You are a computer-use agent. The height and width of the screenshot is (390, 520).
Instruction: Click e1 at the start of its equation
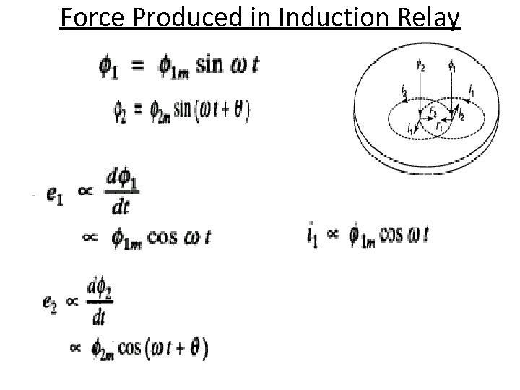coord(53,195)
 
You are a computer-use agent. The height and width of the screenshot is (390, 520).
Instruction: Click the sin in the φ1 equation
coord(193,64)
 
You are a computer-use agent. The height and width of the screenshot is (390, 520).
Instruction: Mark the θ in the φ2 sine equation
coord(238,110)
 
